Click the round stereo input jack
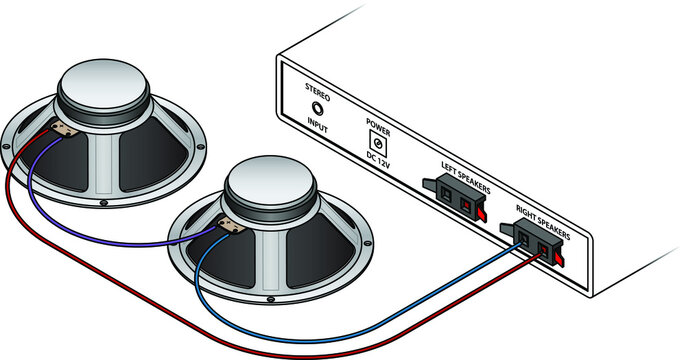[318, 109]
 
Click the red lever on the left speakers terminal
[481, 212]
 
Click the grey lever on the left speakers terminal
[427, 185]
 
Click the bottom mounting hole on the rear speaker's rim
[103, 206]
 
